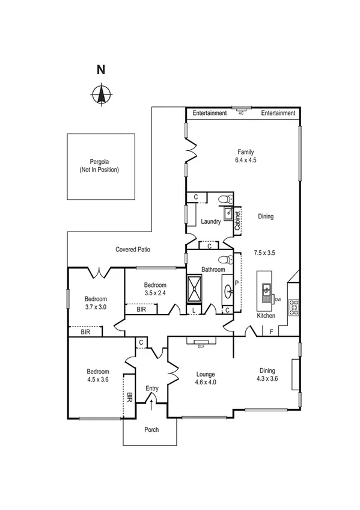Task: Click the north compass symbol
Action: click(x=102, y=94)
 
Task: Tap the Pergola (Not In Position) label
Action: click(x=99, y=166)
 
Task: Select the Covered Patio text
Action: click(x=133, y=249)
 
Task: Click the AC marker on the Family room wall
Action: click(x=241, y=112)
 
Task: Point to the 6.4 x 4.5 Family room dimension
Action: click(x=242, y=160)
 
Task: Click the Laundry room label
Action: click(x=211, y=221)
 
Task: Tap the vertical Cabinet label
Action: click(x=237, y=220)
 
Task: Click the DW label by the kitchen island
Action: click(x=278, y=298)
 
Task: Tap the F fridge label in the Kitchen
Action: click(x=271, y=331)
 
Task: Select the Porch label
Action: click(x=150, y=430)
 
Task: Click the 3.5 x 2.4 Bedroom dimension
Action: click(x=154, y=293)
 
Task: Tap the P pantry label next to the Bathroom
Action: click(x=236, y=282)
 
